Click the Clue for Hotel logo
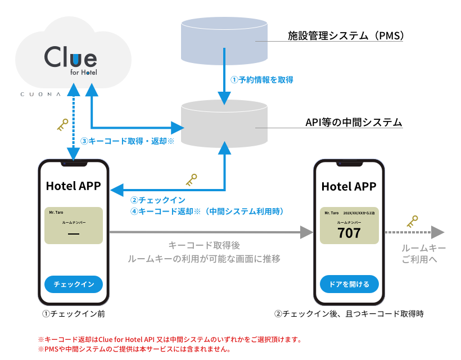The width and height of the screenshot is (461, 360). point(71,60)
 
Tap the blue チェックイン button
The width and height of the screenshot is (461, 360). point(74,284)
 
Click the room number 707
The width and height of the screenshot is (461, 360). point(349,233)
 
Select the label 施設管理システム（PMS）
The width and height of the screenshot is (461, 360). point(346,35)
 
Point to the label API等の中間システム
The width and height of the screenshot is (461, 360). point(354,122)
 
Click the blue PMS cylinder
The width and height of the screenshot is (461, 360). point(224,41)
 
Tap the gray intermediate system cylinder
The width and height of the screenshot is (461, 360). point(224,124)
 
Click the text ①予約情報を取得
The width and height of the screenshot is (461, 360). point(261,80)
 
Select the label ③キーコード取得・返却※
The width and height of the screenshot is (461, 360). point(127,141)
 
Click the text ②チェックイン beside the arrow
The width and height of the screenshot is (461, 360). point(158,200)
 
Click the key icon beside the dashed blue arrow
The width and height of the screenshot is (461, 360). point(62,125)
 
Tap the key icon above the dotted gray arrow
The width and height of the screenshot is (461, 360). point(412,222)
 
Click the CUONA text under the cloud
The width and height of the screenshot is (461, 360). point(40,94)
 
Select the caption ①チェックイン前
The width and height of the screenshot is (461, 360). point(74,314)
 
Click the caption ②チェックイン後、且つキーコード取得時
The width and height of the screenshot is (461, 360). point(349,314)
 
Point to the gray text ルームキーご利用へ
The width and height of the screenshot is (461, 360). point(424,254)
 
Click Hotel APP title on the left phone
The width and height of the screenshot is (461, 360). point(74,186)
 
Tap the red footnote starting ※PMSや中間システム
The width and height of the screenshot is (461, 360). point(134,349)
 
